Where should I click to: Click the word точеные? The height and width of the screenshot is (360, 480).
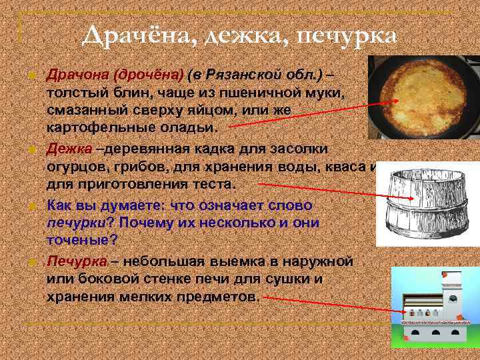pyautogui.click(x=81, y=239)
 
